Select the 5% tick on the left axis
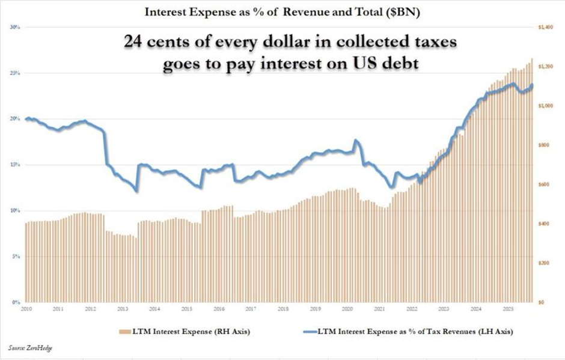coord(17,256)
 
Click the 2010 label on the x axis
coord(26,310)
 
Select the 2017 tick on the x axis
coord(251,310)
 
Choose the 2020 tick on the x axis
coord(347,310)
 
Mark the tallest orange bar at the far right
coord(531,180)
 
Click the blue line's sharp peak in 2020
coord(356,141)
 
